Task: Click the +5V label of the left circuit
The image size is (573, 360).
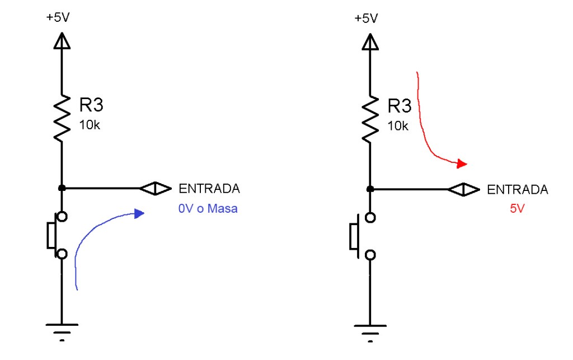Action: (x=59, y=17)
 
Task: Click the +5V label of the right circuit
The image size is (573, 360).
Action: (x=367, y=17)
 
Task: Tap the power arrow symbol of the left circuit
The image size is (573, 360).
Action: (x=62, y=41)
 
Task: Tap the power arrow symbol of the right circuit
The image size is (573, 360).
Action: (x=370, y=41)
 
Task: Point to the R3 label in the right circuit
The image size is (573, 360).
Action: (x=400, y=105)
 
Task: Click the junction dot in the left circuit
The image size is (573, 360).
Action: (x=62, y=189)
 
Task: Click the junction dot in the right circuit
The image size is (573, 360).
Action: (x=370, y=189)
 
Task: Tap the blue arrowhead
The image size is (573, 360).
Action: (x=139, y=213)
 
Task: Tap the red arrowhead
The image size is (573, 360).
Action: (x=462, y=163)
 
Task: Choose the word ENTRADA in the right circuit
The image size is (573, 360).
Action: (x=517, y=189)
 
